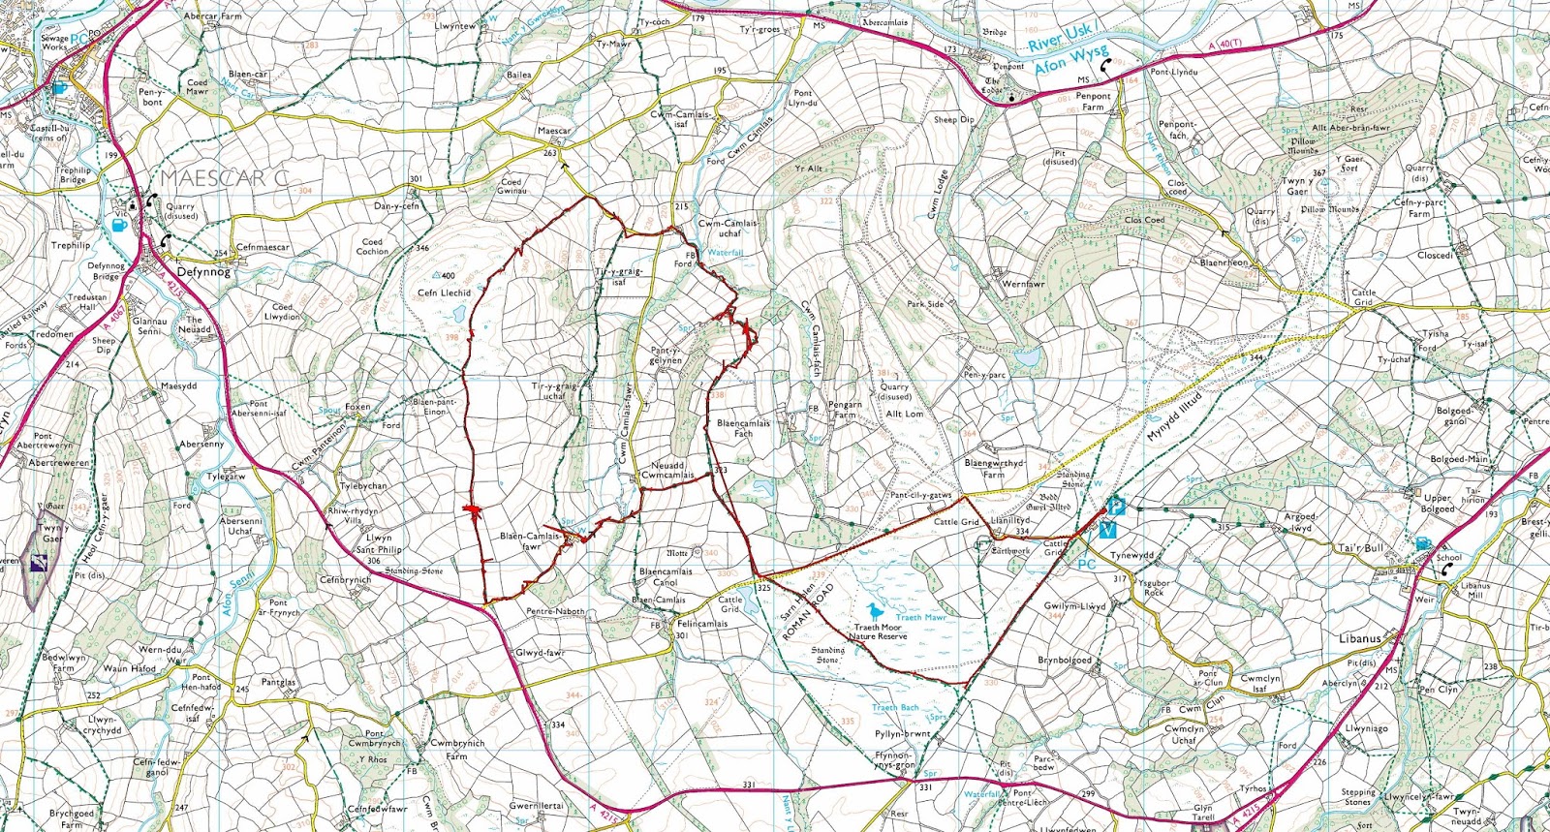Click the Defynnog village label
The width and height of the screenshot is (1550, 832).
203,272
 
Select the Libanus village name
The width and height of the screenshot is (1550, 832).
1359,638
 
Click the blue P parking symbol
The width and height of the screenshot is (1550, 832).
1115,507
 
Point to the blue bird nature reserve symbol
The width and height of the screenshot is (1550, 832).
876,611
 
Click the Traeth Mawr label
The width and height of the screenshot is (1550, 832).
920,617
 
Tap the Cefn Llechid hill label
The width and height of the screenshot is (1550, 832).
444,293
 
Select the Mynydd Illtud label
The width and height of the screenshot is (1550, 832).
1174,417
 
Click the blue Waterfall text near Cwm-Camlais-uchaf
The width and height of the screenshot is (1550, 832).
725,253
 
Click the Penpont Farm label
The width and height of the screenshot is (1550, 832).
1093,101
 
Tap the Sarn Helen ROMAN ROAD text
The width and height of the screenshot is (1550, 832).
807,612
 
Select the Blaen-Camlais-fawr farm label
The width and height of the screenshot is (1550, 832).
530,540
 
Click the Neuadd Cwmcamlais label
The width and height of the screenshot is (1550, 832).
668,470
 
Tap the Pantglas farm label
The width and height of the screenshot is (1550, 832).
278,682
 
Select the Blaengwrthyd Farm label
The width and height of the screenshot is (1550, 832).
994,469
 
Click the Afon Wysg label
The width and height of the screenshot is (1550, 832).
1069,61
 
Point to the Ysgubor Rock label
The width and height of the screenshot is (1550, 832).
1154,588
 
